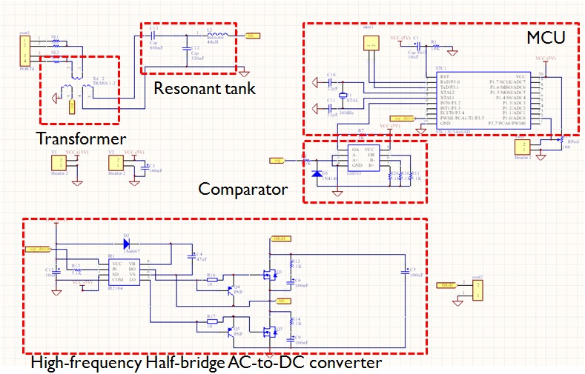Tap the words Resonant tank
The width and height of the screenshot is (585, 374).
204,89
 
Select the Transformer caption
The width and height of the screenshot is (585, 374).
81,138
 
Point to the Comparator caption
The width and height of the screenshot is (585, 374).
242,189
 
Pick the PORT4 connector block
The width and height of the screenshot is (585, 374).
24,50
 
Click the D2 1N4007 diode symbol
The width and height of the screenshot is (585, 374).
126,242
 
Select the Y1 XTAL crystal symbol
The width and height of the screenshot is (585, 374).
343,97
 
